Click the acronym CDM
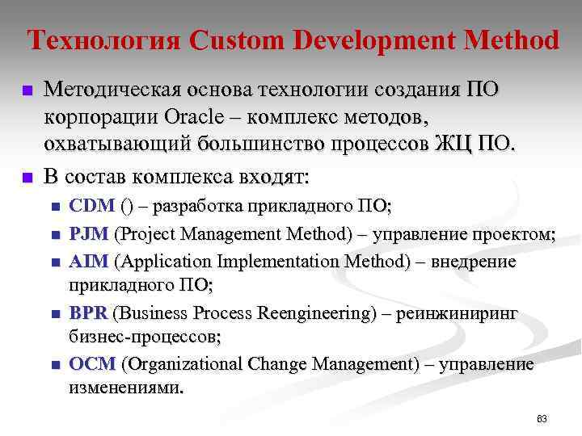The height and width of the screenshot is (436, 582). (93, 207)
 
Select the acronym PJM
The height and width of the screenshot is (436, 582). (91, 235)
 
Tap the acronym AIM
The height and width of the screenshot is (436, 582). (91, 262)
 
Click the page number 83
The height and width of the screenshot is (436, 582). (542, 419)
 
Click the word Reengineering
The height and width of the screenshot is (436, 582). (318, 313)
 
